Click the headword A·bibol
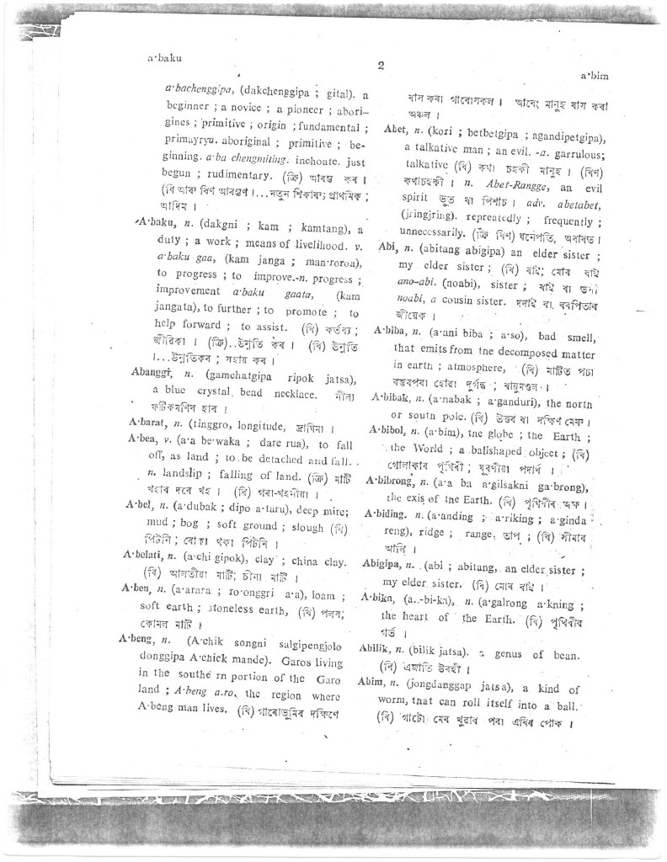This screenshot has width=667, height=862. [389, 430]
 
